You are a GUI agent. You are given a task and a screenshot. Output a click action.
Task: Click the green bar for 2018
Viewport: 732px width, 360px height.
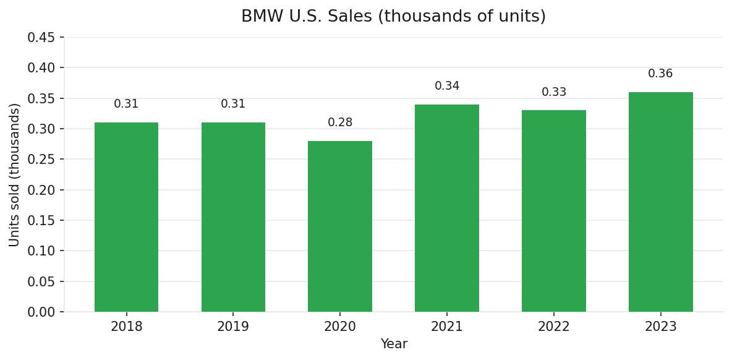pos(126,217)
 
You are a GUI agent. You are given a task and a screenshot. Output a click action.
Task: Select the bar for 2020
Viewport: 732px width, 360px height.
pos(340,226)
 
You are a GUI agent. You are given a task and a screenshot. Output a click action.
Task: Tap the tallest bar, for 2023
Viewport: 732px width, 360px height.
pos(660,202)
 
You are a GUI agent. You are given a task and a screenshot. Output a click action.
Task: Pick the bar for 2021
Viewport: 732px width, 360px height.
pos(447,208)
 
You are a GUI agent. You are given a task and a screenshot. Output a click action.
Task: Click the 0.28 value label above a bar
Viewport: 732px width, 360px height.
pos(340,122)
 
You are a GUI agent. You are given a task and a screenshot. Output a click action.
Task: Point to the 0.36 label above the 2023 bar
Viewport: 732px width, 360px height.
pos(660,74)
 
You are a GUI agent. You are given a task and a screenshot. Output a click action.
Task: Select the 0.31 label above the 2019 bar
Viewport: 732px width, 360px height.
pos(233,104)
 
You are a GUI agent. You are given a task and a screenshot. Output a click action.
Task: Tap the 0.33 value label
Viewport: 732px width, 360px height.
pos(554,92)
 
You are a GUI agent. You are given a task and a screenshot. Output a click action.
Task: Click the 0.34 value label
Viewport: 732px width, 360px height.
pos(447,86)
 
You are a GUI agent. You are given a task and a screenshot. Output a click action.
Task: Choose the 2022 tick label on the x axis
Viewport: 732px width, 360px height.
pos(554,327)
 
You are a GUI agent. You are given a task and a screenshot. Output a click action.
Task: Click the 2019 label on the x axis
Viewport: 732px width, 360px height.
pos(233,327)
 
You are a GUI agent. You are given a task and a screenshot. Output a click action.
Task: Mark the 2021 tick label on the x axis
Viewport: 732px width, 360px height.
pos(447,327)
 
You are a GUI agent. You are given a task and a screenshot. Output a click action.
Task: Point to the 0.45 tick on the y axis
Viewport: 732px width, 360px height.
pos(41,38)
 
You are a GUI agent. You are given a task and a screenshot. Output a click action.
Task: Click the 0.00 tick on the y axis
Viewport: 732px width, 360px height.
pos(41,312)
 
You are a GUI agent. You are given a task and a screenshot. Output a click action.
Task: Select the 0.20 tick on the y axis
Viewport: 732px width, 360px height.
pos(41,191)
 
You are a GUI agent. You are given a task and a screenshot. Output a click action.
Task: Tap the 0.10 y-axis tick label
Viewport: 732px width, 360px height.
pos(41,251)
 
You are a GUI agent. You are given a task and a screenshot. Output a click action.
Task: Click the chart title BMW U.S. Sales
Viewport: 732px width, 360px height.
pos(393,17)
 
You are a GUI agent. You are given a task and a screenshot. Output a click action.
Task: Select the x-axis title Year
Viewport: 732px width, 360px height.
pos(394,345)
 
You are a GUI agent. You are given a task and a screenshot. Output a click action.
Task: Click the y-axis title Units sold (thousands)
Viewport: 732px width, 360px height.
pos(15,174)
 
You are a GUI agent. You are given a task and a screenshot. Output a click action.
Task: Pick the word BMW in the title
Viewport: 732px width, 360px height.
pos(258,17)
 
